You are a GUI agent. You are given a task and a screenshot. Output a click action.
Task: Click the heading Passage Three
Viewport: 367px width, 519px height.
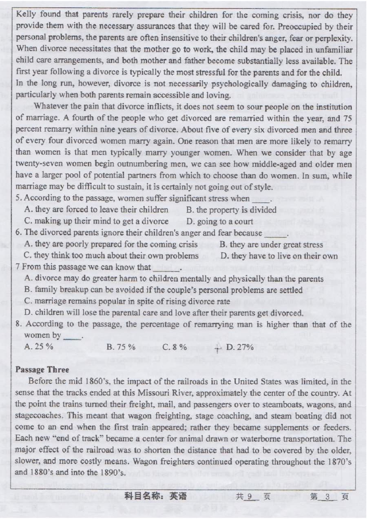[x=42, y=370]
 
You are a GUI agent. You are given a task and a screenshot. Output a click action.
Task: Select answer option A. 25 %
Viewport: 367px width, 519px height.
[x=39, y=347]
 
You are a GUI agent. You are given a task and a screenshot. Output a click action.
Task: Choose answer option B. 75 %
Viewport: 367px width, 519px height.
[x=120, y=347]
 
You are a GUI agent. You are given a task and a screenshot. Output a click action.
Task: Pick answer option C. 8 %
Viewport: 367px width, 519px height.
[x=175, y=347]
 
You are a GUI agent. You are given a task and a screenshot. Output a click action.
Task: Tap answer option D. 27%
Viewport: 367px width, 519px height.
[x=240, y=347]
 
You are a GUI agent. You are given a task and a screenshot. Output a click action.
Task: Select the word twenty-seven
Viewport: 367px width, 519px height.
[x=37, y=164]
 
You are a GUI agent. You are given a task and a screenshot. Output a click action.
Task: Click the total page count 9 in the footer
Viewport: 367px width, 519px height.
[x=250, y=497]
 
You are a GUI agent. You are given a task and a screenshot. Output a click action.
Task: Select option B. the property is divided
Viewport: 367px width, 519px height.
[x=231, y=210]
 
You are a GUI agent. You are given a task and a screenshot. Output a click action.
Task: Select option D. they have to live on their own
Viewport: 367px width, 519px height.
[x=279, y=256]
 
